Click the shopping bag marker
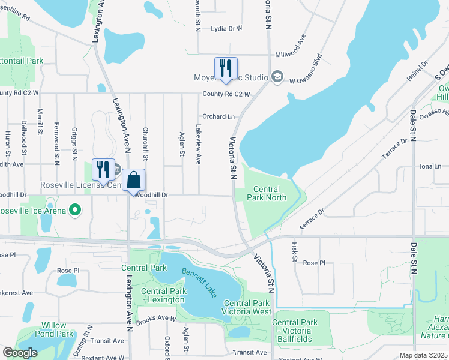(134, 180)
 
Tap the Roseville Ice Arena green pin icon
(75, 211)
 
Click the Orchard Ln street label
(218, 116)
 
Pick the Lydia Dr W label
(226, 28)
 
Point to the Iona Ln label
(430, 166)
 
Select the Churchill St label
(145, 143)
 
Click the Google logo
(20, 353)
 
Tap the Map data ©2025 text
(423, 355)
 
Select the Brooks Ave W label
(156, 321)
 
